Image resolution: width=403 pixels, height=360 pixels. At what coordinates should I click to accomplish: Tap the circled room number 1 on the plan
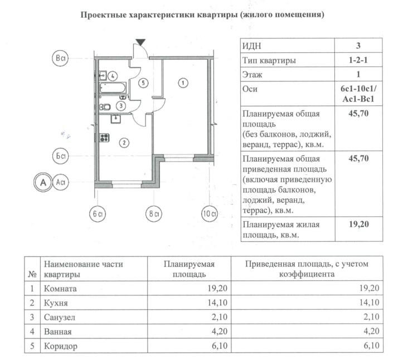(183, 83)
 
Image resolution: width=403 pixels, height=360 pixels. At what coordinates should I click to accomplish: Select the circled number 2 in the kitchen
(124, 142)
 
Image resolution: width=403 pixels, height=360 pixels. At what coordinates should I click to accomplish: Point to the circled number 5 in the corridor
(143, 83)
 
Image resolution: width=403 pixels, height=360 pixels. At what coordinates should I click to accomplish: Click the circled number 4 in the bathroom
(113, 76)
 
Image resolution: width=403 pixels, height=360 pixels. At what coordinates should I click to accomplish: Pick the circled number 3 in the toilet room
(121, 105)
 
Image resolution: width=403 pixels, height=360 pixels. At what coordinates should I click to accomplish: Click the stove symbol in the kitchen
(104, 137)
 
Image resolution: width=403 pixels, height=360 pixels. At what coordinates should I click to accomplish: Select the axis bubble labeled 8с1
(153, 213)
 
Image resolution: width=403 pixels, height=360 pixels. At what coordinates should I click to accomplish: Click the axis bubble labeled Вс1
(60, 58)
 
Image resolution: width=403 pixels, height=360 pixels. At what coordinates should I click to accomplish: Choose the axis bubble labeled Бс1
(60, 157)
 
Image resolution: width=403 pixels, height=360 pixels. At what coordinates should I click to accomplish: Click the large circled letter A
(42, 182)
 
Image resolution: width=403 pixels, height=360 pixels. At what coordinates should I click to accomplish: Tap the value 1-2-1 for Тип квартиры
(358, 60)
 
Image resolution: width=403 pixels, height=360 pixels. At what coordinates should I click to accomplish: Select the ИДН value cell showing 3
(358, 46)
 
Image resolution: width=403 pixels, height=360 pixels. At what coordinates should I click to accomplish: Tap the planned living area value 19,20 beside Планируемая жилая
(358, 225)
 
